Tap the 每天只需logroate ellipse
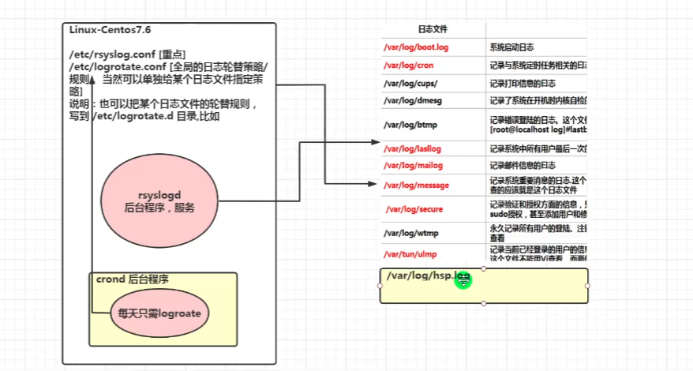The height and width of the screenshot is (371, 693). (x=159, y=313)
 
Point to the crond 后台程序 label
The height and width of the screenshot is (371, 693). (x=132, y=279)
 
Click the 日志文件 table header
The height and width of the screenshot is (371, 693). (x=433, y=29)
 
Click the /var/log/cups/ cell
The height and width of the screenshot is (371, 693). (x=410, y=82)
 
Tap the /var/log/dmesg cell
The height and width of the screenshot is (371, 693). (x=410, y=100)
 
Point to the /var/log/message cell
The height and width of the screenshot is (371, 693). (x=416, y=185)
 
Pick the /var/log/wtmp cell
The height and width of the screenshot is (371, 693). (x=410, y=234)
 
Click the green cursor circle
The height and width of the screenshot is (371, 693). (x=463, y=279)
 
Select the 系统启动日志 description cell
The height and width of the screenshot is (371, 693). (x=514, y=47)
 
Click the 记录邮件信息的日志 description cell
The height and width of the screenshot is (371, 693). (x=523, y=166)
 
